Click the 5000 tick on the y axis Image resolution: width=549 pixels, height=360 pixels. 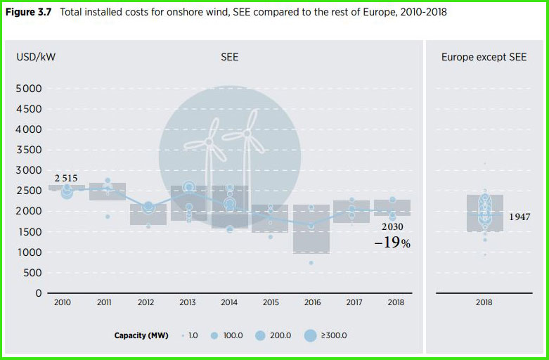coord(29,89)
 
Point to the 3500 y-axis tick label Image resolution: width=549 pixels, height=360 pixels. coord(29,150)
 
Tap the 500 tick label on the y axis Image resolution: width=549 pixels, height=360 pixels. coord(32,273)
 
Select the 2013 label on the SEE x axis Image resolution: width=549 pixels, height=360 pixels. coord(188,302)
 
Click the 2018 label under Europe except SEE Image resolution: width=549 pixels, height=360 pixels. coord(484,302)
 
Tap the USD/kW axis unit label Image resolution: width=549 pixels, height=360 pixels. coord(36,57)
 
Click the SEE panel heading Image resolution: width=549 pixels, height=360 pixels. coord(230,57)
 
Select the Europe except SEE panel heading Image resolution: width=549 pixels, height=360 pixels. coord(484,57)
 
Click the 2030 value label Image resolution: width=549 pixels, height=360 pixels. coord(393,227)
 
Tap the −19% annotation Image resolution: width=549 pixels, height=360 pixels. coord(392,243)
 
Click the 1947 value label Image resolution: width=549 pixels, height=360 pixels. coord(520,217)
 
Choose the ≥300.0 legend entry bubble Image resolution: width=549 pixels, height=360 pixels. coord(310,335)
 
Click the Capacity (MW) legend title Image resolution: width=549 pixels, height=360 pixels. coord(141,335)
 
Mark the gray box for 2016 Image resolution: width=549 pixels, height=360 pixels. coord(311,229)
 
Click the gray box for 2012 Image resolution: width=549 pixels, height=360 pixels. coord(148,214)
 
